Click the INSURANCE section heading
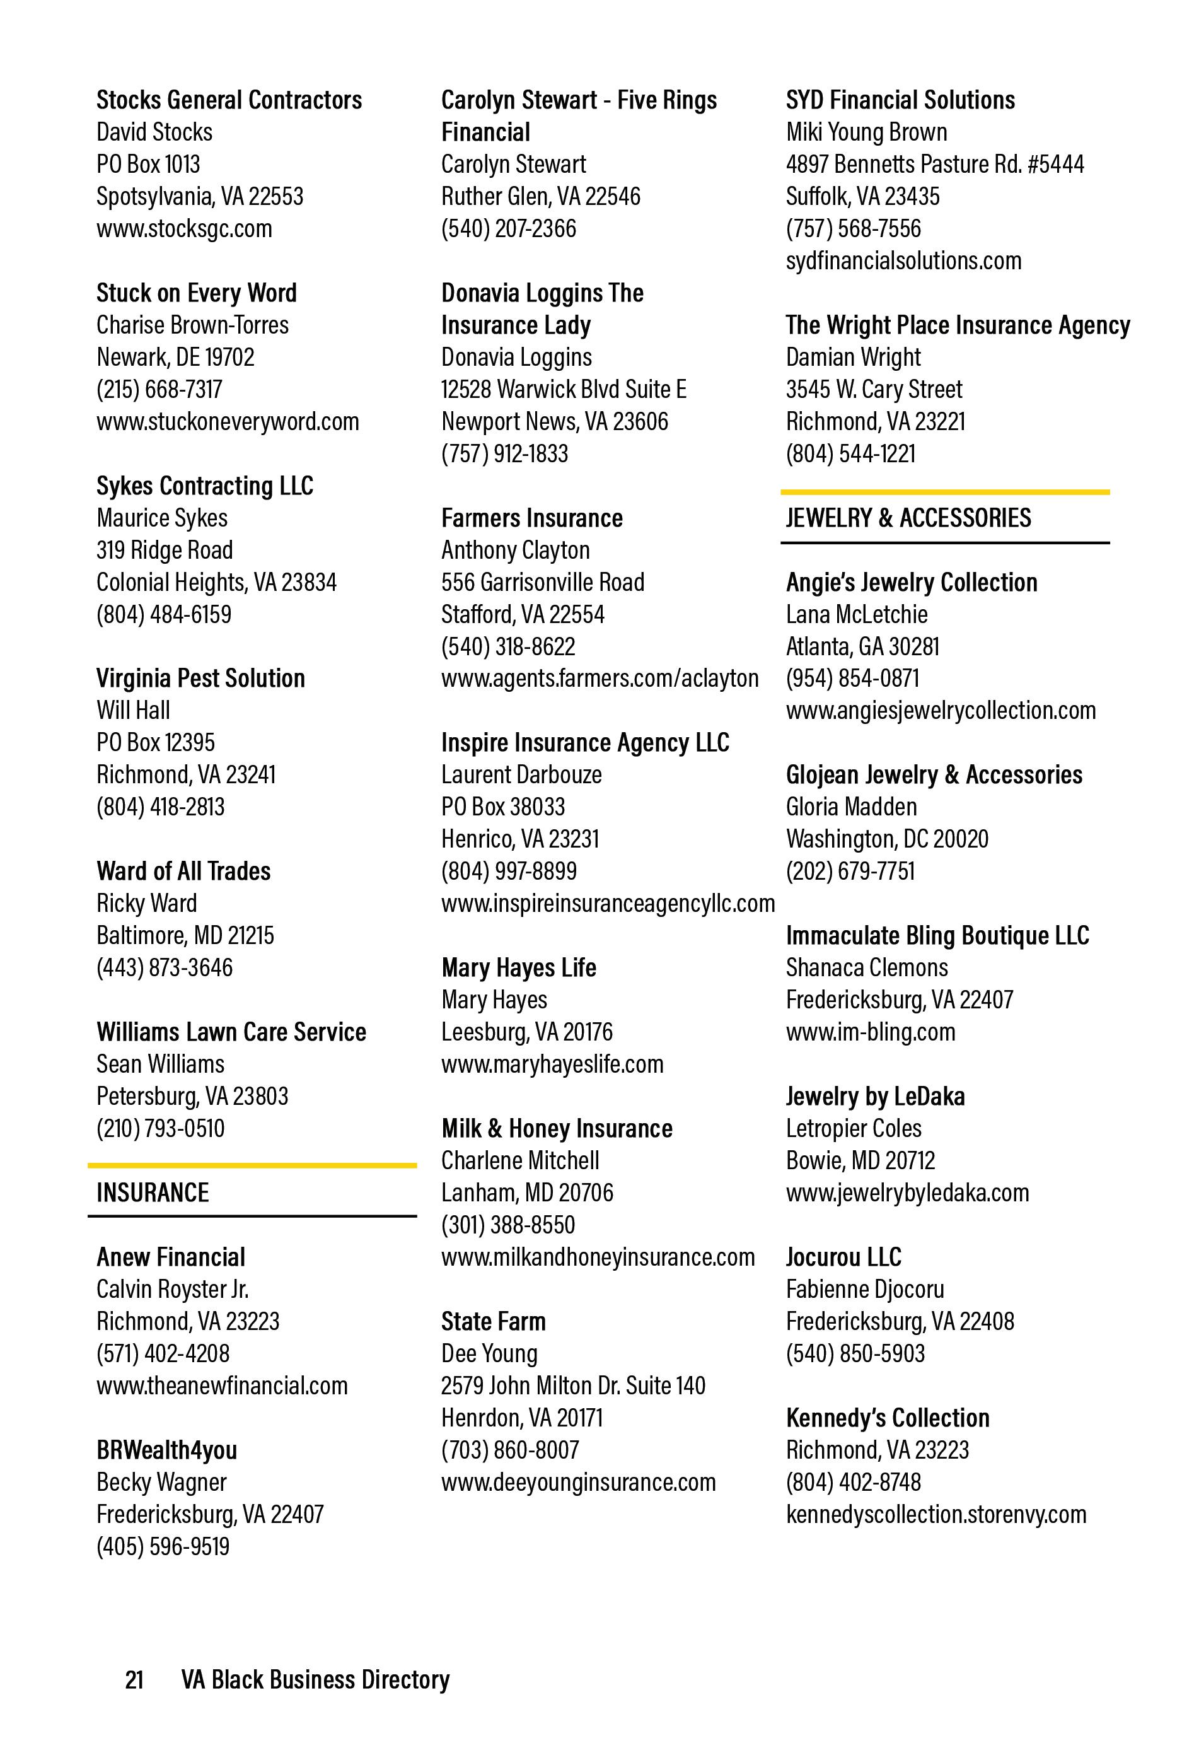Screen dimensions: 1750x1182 [x=152, y=1193]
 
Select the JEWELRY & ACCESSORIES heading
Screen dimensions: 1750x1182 [x=908, y=518]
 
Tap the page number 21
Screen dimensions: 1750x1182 [x=134, y=1680]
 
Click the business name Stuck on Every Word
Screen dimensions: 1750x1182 [x=197, y=293]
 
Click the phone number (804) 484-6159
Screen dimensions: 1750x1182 [x=163, y=614]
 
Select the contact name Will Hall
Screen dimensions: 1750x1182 [x=132, y=710]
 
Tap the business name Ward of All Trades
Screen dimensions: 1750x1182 [x=183, y=872]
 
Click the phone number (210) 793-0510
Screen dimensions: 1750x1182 [x=159, y=1128]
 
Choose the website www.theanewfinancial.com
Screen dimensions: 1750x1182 [x=221, y=1385]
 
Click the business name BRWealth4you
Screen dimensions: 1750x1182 [x=166, y=1450]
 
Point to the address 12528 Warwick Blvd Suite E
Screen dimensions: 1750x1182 [x=563, y=389]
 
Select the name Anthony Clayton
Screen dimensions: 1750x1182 [x=515, y=551]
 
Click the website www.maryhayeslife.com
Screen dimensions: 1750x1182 [x=552, y=1064]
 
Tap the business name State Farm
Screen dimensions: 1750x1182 [x=493, y=1322]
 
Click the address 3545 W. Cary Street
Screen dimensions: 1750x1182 [x=873, y=389]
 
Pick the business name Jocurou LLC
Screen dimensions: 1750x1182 [x=843, y=1257]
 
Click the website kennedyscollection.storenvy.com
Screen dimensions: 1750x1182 [x=936, y=1514]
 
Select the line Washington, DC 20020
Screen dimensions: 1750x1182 [x=887, y=839]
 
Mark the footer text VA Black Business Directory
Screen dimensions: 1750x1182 [x=315, y=1680]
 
